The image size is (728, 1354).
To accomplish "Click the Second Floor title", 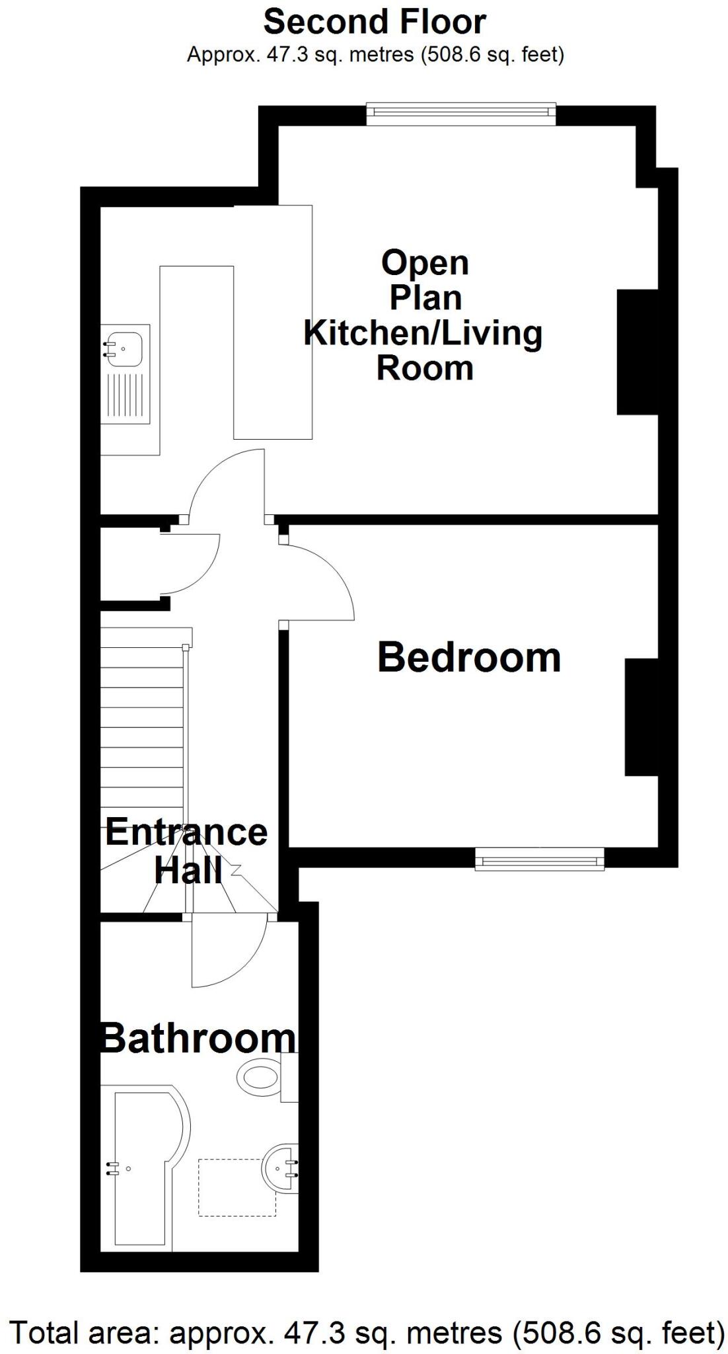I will click(x=375, y=22).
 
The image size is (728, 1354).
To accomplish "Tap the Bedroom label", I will click(x=468, y=658).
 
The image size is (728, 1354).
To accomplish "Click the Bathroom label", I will click(x=198, y=1038).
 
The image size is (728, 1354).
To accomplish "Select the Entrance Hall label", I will click(x=186, y=851).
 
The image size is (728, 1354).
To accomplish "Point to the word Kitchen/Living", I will click(x=423, y=333).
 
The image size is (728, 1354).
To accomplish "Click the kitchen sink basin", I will click(x=126, y=345).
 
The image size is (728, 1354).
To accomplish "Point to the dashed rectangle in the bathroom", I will click(x=237, y=1187).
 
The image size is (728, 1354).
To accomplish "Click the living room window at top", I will click(x=461, y=114).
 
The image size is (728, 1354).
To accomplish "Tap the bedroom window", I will click(x=540, y=860).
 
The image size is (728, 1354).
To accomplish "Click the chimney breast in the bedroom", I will click(x=641, y=717).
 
